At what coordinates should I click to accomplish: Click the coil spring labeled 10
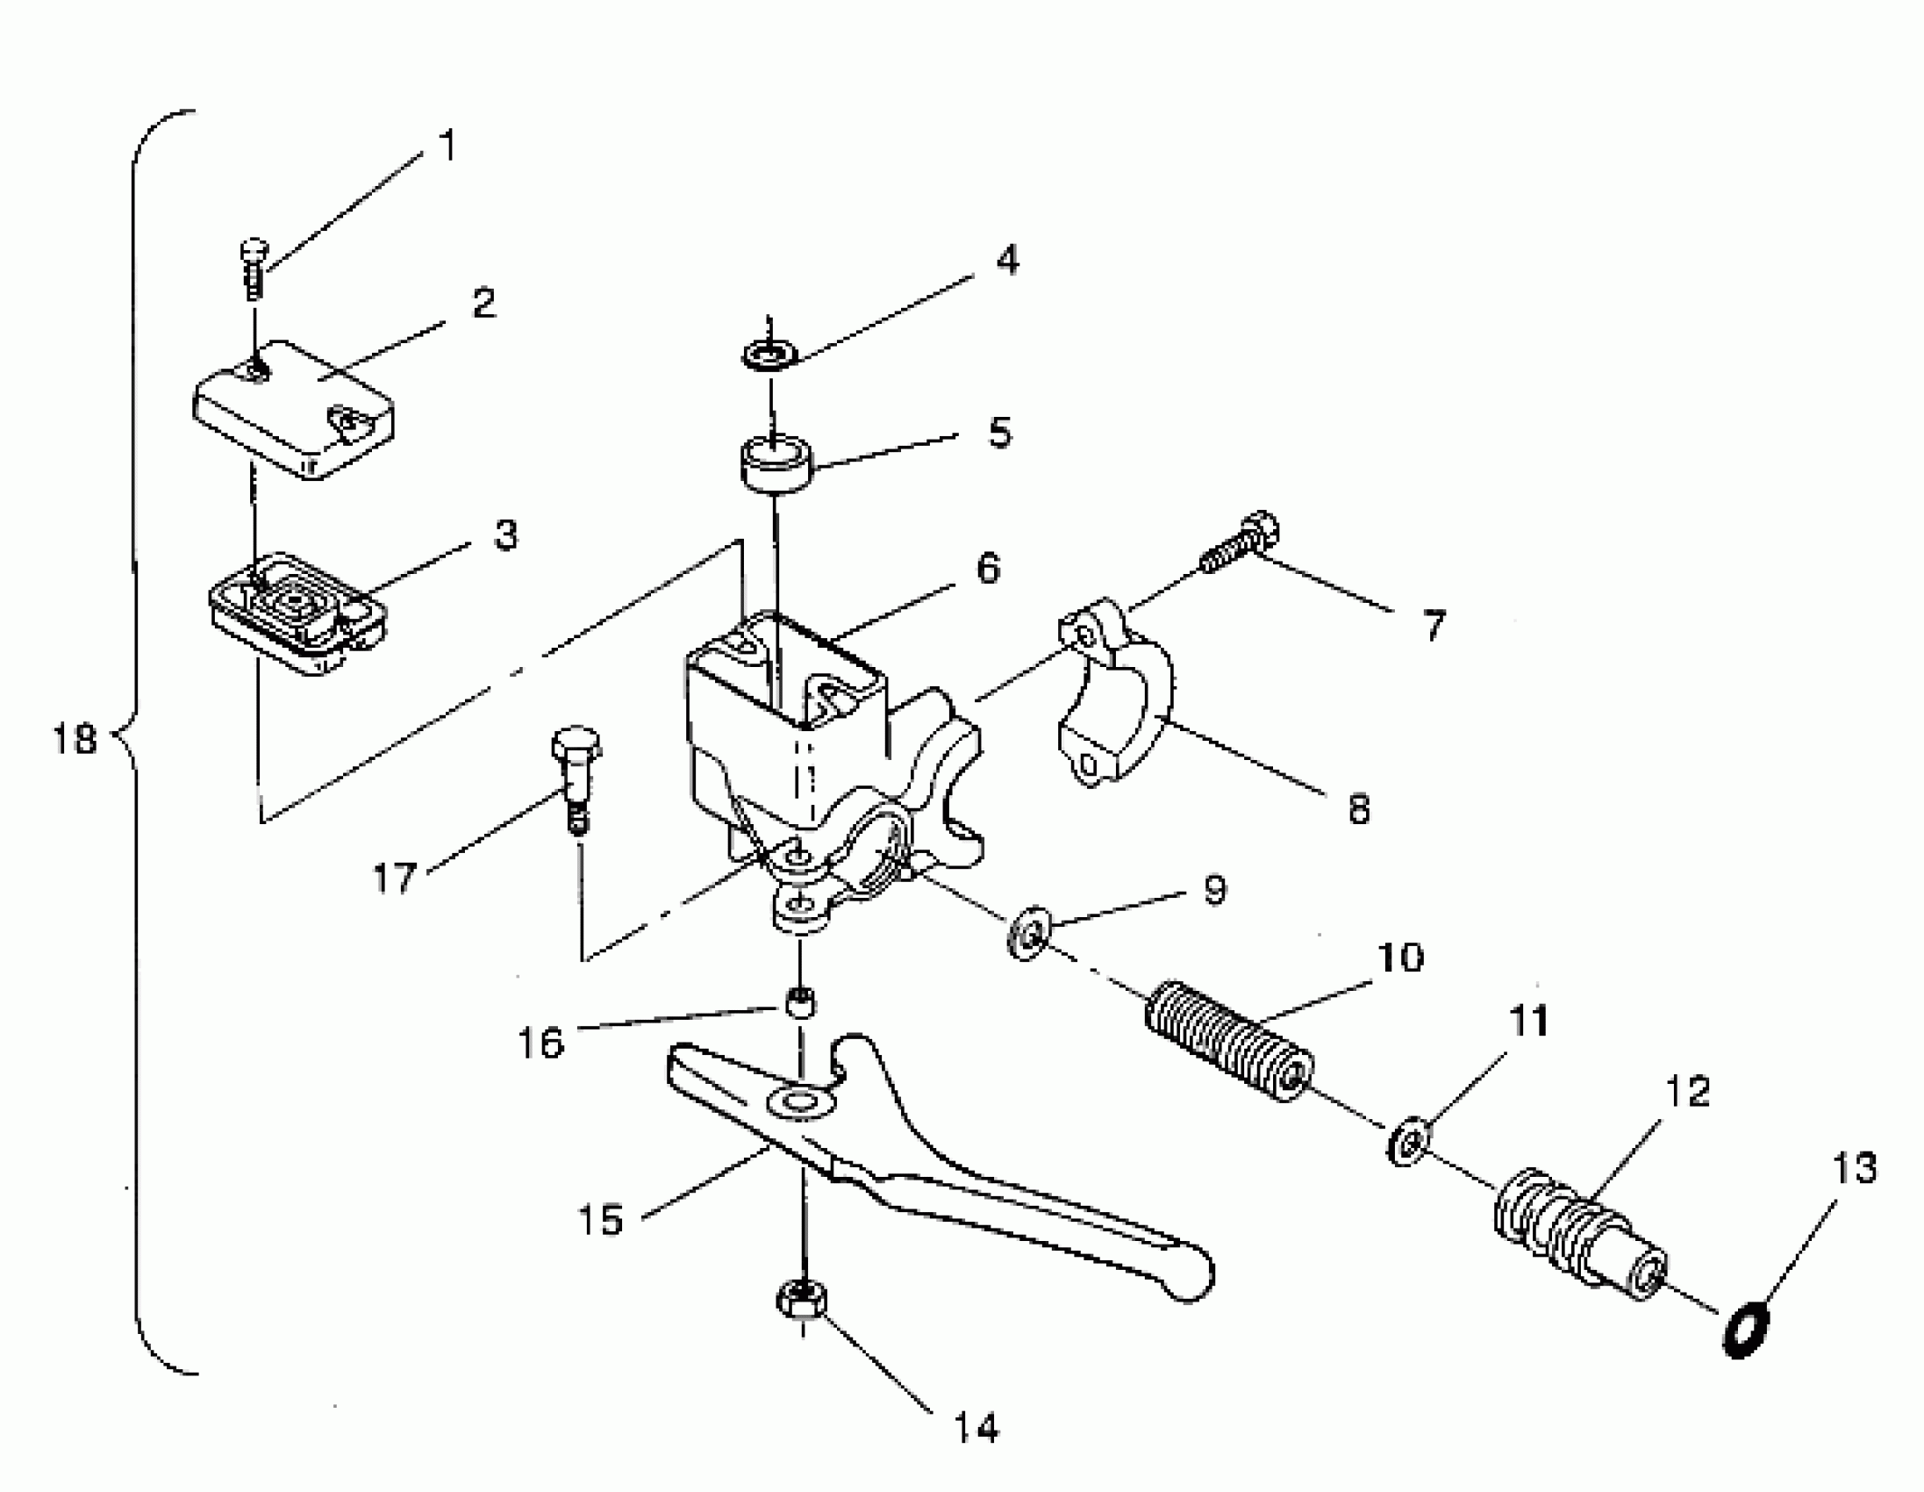click(x=1228, y=1041)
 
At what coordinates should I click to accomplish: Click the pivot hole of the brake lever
click(x=799, y=1102)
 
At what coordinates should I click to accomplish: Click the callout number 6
click(x=989, y=569)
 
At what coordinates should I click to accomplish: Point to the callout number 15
click(x=601, y=1220)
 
